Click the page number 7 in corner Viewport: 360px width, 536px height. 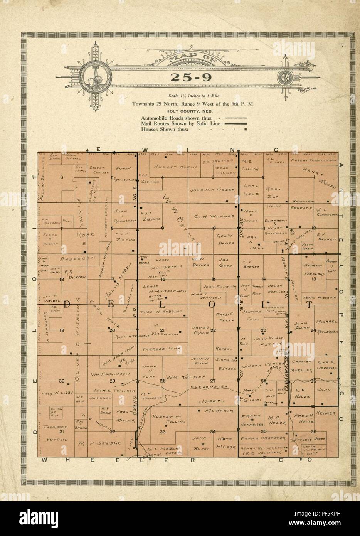(x=341, y=46)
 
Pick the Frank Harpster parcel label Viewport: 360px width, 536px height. (x=263, y=438)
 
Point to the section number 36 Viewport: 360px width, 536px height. (x=313, y=431)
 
